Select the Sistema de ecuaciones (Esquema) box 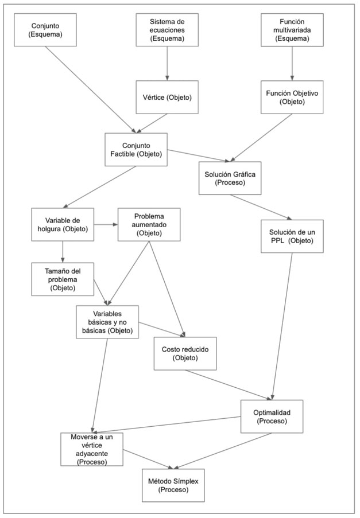coord(167,30)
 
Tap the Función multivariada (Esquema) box coord(292,30)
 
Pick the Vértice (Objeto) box coord(167,97)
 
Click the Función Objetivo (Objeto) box coord(292,97)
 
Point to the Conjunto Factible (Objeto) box coord(136,150)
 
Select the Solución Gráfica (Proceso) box coord(229,178)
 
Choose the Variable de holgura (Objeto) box coord(62,224)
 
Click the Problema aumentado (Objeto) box coord(149,224)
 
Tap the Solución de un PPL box coord(292,236)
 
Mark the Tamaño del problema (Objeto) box coord(62,278)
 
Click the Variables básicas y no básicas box coord(107,322)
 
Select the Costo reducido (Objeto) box coord(185,353)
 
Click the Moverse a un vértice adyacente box coord(92,449)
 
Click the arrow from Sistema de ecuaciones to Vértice coord(167,63)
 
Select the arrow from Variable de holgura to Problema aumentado coord(106,224)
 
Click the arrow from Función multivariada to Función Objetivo coord(292,63)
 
